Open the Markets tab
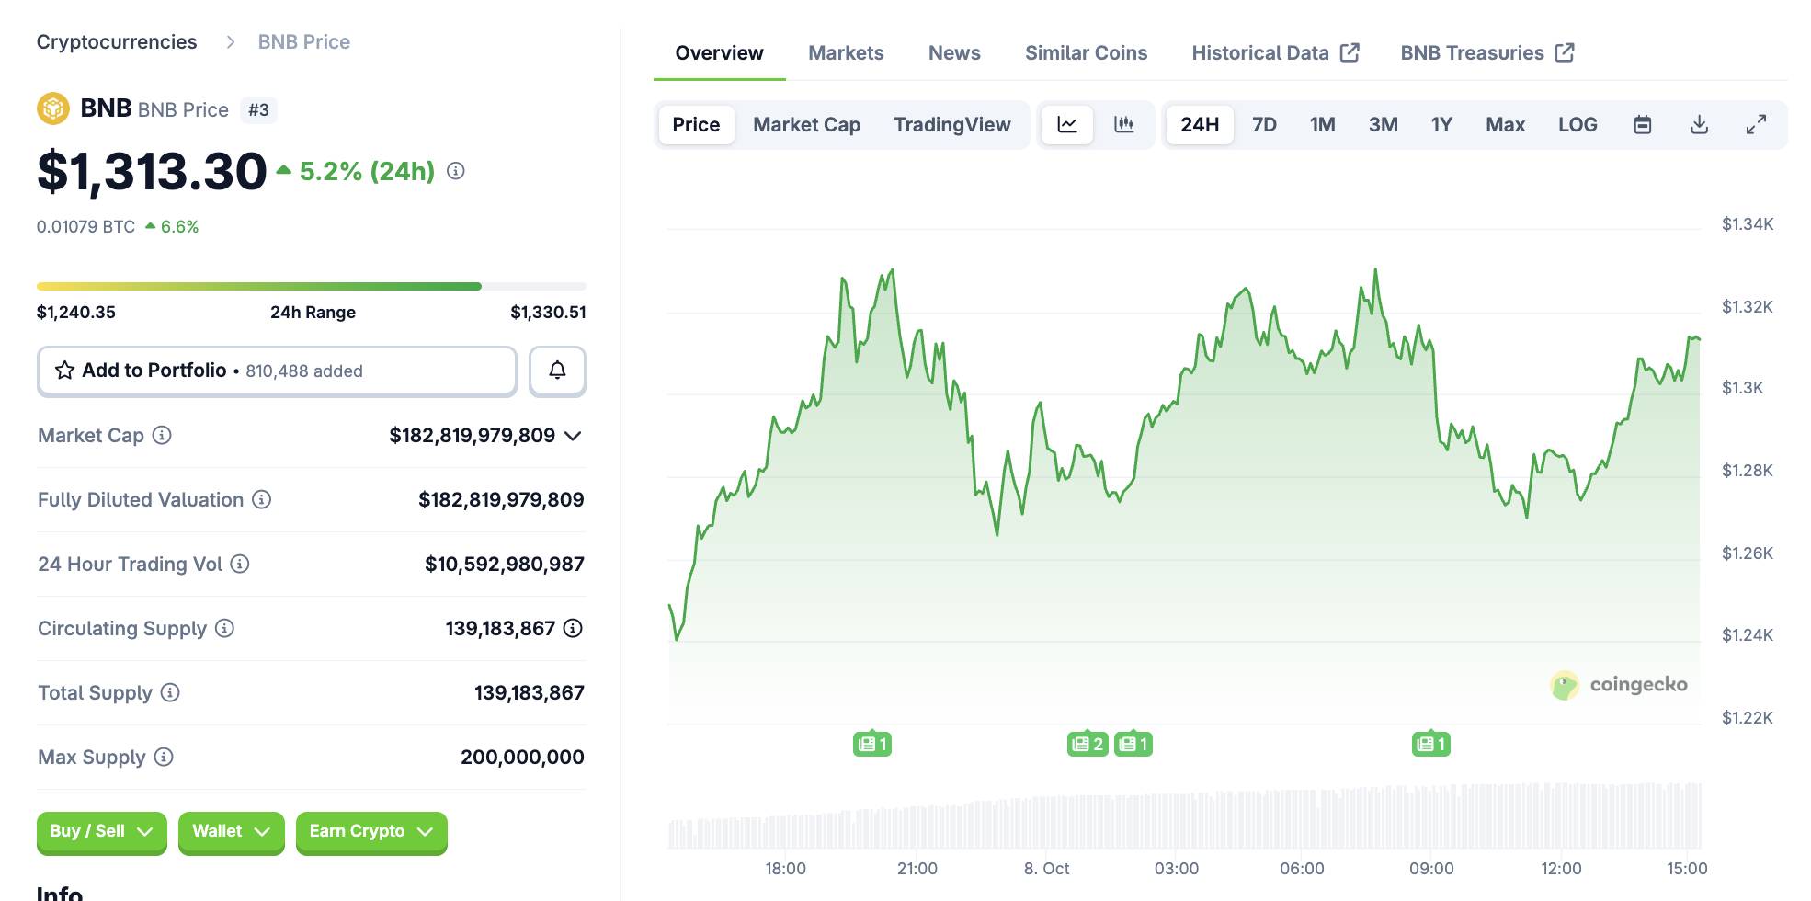tap(846, 53)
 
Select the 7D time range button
tap(1264, 125)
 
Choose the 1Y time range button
tap(1441, 125)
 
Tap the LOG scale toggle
tap(1577, 125)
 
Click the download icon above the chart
tap(1699, 125)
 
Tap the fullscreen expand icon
tap(1756, 125)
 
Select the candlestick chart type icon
tap(1123, 125)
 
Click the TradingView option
tap(951, 125)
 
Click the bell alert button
tap(557, 371)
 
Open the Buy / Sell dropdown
tap(101, 831)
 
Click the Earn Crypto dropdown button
tap(371, 831)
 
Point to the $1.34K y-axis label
tap(1747, 224)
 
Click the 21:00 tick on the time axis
tap(917, 869)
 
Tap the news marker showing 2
tap(1088, 744)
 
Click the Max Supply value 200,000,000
tap(522, 758)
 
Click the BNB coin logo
tap(53, 108)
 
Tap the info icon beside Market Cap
tap(162, 436)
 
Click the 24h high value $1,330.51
tap(548, 313)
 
